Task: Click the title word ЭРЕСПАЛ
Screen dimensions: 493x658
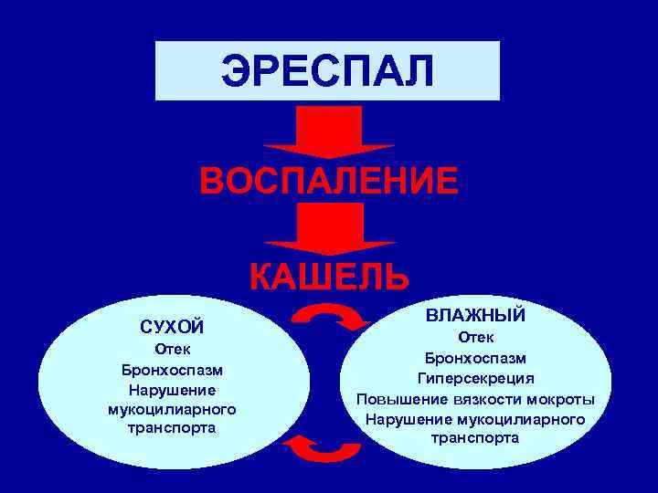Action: [x=327, y=72]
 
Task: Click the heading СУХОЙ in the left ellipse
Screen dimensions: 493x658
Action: [x=172, y=327]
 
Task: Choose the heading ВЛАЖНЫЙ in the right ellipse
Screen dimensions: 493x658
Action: [x=474, y=316]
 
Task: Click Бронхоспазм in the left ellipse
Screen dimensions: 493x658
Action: [x=172, y=371]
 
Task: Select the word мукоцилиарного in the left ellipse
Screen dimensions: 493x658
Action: [x=172, y=409]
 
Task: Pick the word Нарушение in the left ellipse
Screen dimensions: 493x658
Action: [x=172, y=390]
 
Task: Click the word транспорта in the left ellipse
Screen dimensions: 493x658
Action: [x=172, y=427]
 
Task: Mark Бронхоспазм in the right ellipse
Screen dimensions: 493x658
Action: [x=474, y=359]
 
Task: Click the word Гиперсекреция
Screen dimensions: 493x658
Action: [x=474, y=379]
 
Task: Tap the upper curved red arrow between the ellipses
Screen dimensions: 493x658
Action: [x=329, y=318]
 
